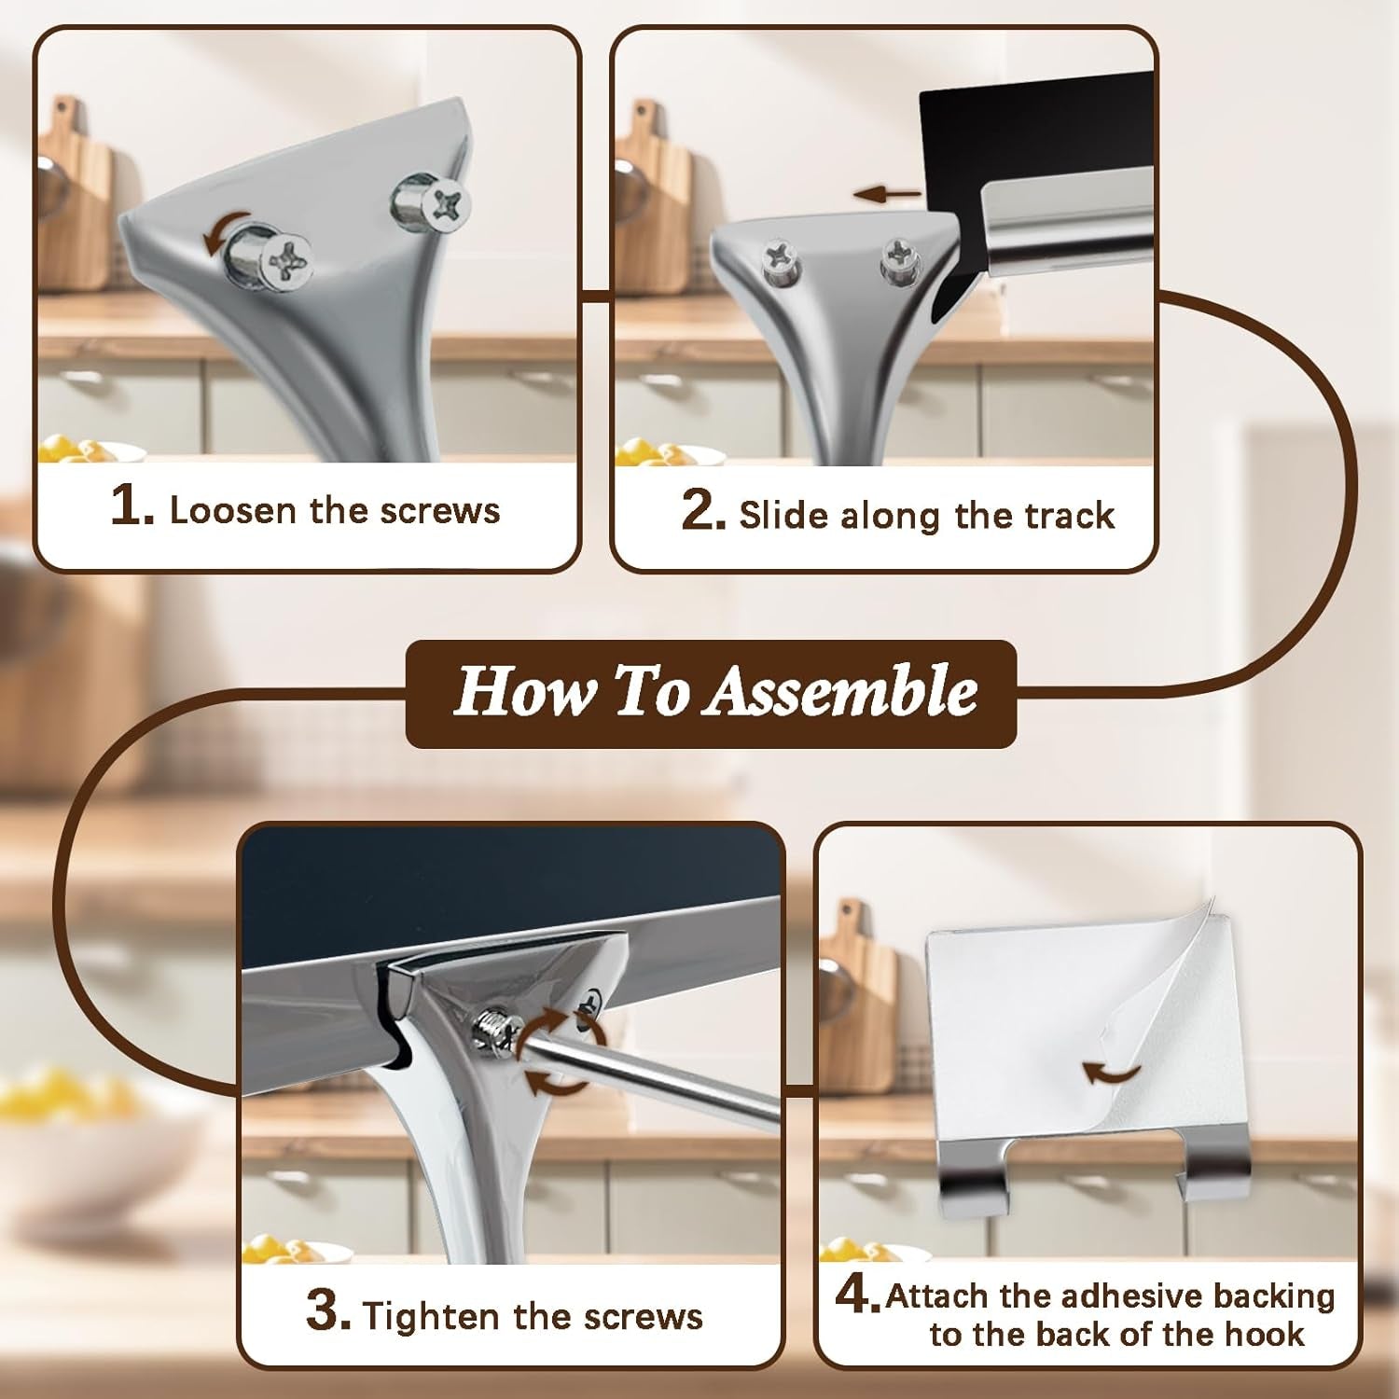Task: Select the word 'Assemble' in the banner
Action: click(840, 692)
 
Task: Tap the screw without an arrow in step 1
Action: click(433, 200)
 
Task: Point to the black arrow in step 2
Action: click(887, 194)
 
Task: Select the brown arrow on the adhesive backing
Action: click(1113, 1072)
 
